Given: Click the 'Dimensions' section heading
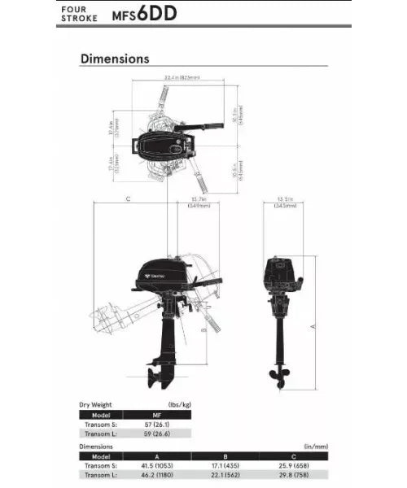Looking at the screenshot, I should click(114, 59).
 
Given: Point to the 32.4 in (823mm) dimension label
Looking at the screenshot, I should click(182, 78).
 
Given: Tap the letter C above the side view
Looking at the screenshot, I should click(128, 198).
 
